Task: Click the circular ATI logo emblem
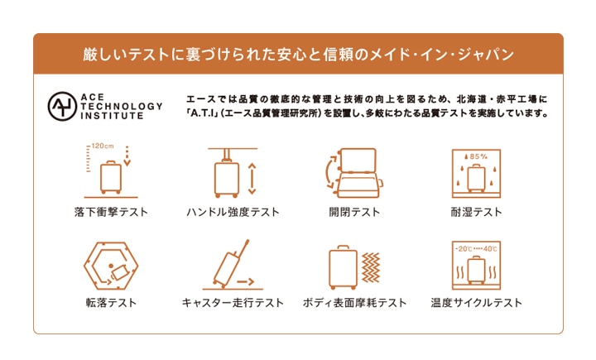click(x=62, y=107)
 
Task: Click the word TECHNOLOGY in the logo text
click(x=122, y=107)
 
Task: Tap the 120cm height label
click(x=103, y=146)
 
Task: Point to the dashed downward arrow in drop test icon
click(x=127, y=156)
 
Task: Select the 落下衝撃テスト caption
click(x=111, y=212)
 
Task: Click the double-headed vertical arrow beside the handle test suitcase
click(x=252, y=179)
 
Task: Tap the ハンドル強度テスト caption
click(x=233, y=212)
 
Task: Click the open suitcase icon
click(x=354, y=173)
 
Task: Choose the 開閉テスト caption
click(x=354, y=212)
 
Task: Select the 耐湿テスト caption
click(x=476, y=212)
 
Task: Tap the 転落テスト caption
click(x=111, y=303)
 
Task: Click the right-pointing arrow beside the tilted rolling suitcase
click(x=246, y=282)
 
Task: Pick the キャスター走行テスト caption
click(x=233, y=303)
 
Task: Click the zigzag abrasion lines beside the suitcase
click(x=371, y=267)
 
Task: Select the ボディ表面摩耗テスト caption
click(x=354, y=303)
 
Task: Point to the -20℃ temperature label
click(x=464, y=249)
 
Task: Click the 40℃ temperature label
click(x=490, y=249)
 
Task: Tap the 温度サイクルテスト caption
click(x=476, y=303)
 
